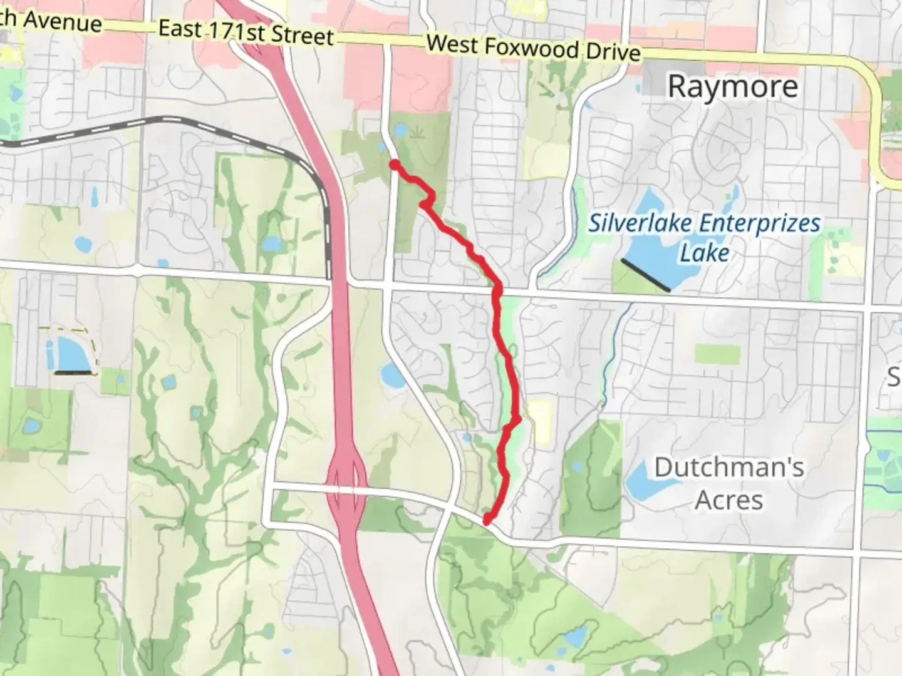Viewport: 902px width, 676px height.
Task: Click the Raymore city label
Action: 732,86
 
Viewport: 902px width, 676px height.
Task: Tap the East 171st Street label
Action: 245,32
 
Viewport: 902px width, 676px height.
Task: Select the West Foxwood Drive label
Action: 533,47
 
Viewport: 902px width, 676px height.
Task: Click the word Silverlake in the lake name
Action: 640,223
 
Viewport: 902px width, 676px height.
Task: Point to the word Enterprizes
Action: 759,223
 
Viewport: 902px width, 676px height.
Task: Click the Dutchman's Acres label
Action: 729,483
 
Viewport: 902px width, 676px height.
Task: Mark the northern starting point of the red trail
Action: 395,164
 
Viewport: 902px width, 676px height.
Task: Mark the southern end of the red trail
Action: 487,519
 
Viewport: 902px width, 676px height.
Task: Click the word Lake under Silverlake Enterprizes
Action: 705,253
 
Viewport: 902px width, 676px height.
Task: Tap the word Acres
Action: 729,500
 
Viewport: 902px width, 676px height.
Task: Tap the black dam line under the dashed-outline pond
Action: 76,373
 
